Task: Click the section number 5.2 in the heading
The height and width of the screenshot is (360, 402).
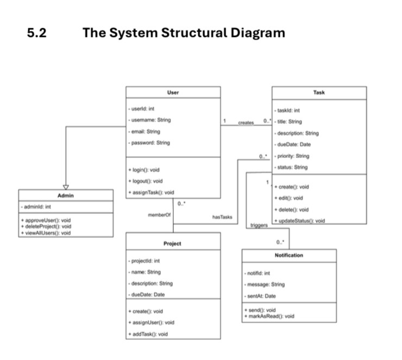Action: pyautogui.click(x=36, y=33)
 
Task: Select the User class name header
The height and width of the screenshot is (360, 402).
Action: pyautogui.click(x=173, y=92)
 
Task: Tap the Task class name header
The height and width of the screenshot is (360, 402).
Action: pyautogui.click(x=319, y=92)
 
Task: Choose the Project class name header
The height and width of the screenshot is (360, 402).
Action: pyautogui.click(x=172, y=243)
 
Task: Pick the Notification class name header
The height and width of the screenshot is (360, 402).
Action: pyautogui.click(x=289, y=255)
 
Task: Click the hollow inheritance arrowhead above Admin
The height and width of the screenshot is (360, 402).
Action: pyautogui.click(x=66, y=186)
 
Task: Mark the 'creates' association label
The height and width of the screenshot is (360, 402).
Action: pyautogui.click(x=246, y=123)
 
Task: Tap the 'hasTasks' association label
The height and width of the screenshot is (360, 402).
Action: pyautogui.click(x=222, y=217)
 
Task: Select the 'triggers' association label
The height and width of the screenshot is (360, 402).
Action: pyautogui.click(x=259, y=224)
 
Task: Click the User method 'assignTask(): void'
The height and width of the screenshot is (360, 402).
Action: pyautogui.click(x=151, y=192)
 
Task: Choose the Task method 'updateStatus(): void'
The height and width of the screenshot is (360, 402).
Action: pyautogui.click(x=299, y=220)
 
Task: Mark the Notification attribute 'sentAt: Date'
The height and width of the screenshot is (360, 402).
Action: pyautogui.click(x=261, y=296)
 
